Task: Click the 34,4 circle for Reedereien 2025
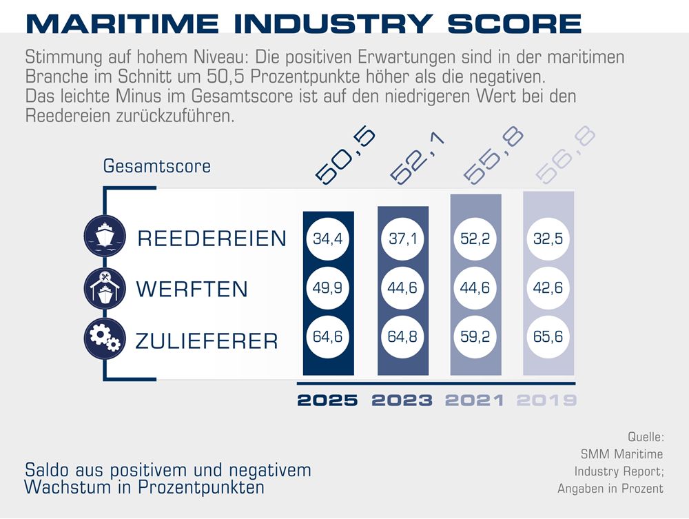tap(328, 238)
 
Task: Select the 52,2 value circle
tap(475, 238)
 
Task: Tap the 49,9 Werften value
tap(328, 287)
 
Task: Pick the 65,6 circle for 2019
tap(548, 337)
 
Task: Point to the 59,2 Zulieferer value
tap(475, 337)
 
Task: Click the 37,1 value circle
tap(402, 238)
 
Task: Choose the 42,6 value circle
tap(548, 287)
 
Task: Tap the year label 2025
tap(328, 400)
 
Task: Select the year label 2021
tap(475, 400)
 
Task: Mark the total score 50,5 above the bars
tap(345, 156)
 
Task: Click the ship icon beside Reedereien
tap(103, 236)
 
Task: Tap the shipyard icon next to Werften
tap(103, 287)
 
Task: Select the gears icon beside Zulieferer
tap(103, 336)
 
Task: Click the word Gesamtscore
tap(157, 167)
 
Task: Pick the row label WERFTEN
tap(192, 289)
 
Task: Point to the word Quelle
tap(645, 437)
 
